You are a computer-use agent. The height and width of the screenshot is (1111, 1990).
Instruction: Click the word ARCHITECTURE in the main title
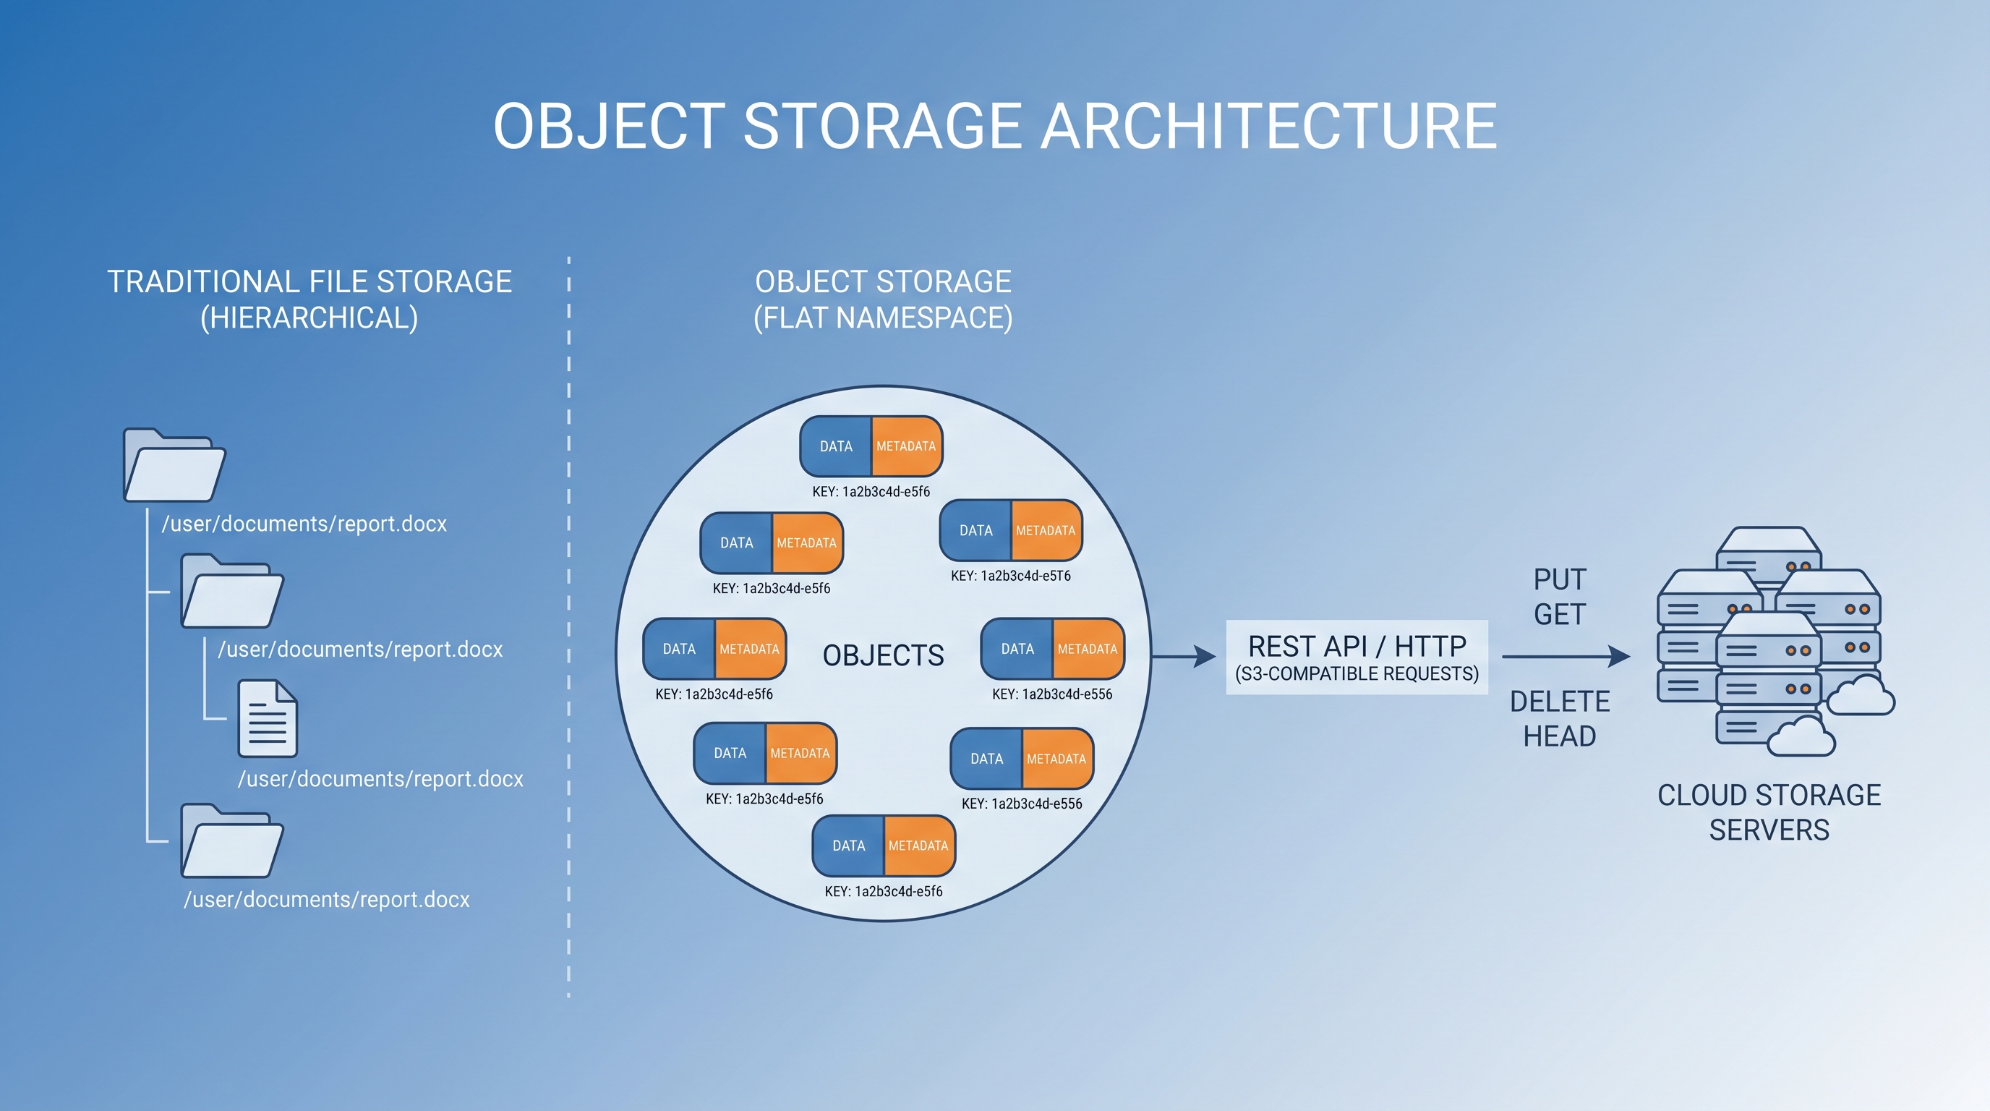[x=1269, y=126]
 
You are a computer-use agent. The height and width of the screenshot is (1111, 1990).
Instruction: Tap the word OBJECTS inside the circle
[x=883, y=655]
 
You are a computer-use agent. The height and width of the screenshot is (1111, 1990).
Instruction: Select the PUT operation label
[x=1560, y=579]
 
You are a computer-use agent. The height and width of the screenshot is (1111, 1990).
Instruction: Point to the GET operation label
[x=1560, y=614]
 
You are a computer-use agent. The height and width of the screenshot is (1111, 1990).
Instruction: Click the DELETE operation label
[x=1560, y=702]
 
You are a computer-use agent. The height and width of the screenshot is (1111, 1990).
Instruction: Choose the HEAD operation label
[x=1560, y=736]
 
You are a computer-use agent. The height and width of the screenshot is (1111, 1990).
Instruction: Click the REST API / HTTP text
[x=1357, y=646]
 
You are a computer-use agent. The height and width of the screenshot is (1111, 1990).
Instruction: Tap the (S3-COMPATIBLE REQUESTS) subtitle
[x=1357, y=673]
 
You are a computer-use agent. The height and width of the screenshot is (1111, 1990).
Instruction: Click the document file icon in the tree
[x=268, y=718]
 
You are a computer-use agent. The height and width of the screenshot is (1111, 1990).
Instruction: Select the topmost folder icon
[x=174, y=465]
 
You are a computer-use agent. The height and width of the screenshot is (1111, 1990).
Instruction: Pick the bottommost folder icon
[x=231, y=840]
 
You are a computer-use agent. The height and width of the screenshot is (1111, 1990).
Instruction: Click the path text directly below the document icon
[x=381, y=779]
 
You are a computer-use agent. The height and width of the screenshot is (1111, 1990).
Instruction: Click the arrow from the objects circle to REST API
[x=1184, y=657]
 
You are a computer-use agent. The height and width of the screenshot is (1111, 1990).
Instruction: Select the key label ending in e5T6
[x=1010, y=576]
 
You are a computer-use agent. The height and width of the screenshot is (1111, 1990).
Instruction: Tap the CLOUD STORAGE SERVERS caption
[x=1769, y=812]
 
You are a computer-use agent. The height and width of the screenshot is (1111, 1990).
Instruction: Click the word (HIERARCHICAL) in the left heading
[x=309, y=318]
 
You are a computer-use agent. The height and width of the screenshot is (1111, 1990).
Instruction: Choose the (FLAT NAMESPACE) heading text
[x=883, y=318]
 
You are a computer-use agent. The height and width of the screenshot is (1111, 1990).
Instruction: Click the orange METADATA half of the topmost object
[x=907, y=446]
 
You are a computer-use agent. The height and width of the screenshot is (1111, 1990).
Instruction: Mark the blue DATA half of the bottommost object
[x=848, y=846]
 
